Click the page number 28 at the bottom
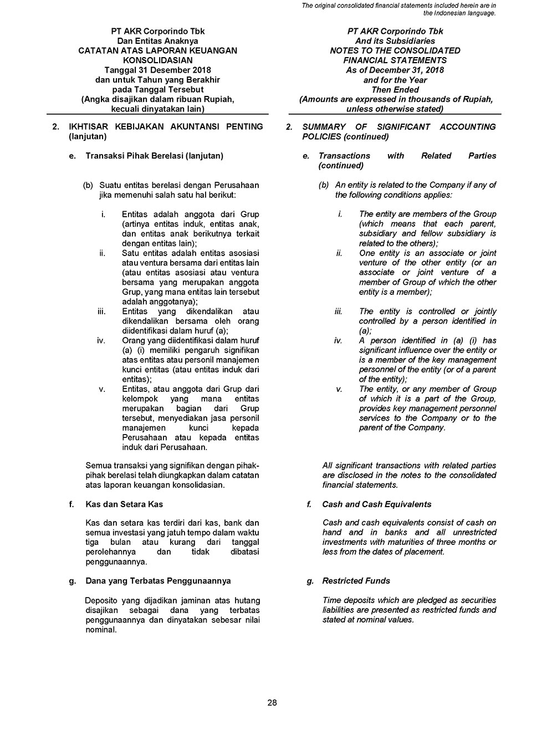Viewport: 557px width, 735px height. (x=272, y=703)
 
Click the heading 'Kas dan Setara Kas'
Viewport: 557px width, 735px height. (x=124, y=504)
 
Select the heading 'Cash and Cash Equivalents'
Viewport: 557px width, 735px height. (x=377, y=504)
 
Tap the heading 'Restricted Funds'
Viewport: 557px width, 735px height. (x=356, y=581)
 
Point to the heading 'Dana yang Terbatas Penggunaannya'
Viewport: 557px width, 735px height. (x=158, y=581)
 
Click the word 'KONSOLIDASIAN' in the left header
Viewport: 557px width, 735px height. (x=157, y=60)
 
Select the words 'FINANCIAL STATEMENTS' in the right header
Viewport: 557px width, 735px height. (x=395, y=60)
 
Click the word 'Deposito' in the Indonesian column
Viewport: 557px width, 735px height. (x=101, y=600)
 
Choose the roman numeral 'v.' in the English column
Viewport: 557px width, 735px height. (x=339, y=389)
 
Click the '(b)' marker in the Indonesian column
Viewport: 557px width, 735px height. (x=88, y=185)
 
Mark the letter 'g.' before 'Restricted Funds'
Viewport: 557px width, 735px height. (x=310, y=581)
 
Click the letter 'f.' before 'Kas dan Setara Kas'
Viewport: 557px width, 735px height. (x=71, y=504)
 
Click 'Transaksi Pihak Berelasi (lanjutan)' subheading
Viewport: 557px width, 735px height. (x=154, y=156)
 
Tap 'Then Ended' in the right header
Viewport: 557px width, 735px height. (x=395, y=90)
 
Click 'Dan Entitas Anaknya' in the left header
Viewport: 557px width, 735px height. (x=157, y=41)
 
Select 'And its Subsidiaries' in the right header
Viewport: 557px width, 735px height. (x=395, y=41)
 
